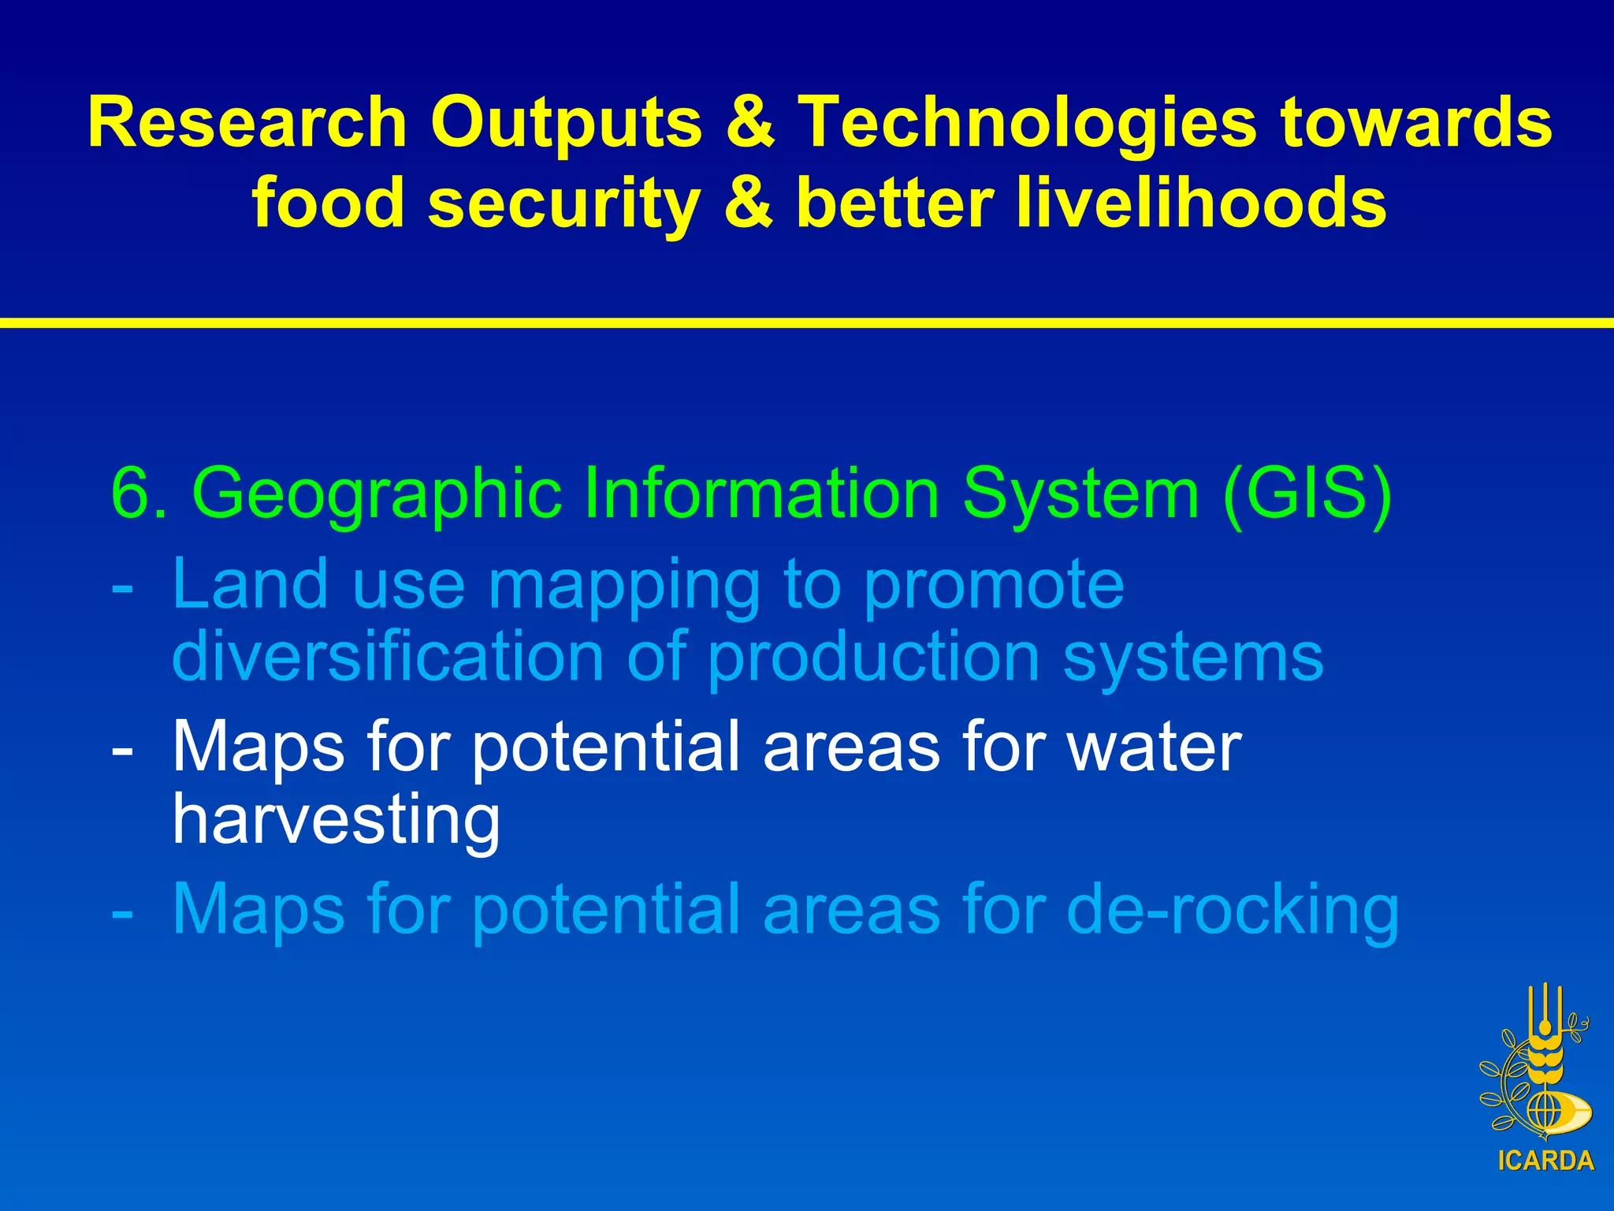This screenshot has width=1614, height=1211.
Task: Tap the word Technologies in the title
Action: [x=1027, y=122]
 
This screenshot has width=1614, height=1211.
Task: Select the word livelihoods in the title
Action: [x=1201, y=203]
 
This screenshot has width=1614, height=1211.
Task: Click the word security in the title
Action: [x=563, y=203]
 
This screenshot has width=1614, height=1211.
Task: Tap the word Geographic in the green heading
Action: [x=377, y=493]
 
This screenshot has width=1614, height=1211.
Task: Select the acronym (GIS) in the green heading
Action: [x=1307, y=493]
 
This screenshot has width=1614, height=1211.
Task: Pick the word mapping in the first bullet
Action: [x=623, y=584]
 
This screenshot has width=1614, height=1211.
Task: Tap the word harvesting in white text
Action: [x=336, y=820]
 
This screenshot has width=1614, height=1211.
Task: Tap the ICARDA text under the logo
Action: [x=1545, y=1161]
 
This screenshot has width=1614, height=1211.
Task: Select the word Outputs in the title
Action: [x=566, y=122]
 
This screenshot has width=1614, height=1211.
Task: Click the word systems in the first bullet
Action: [x=1193, y=657]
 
